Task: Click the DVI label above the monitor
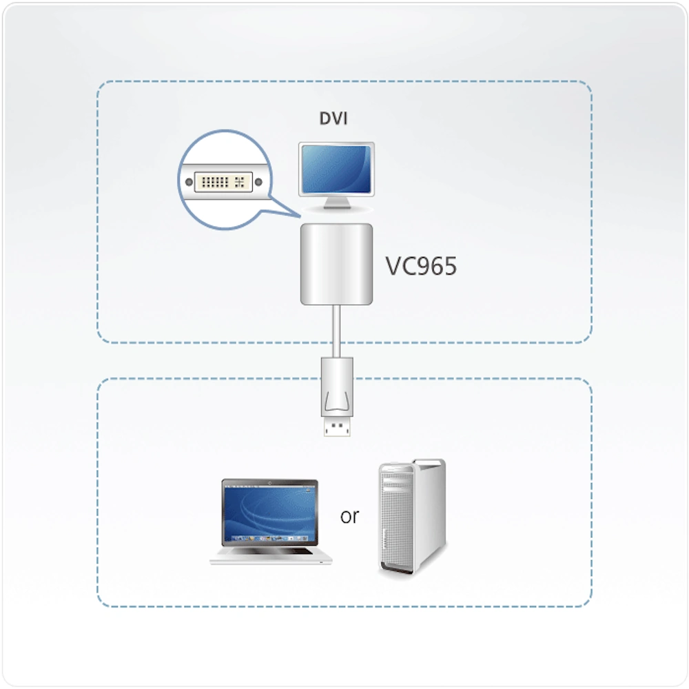pos(333,119)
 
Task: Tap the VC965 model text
pos(421,266)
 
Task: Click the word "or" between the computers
pos(349,517)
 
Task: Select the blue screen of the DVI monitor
pos(336,169)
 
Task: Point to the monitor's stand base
pos(337,207)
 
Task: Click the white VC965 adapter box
pos(337,264)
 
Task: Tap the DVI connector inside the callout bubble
pos(223,182)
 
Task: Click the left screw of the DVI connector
pos(189,182)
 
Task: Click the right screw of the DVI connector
pos(258,182)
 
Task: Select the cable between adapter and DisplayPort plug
pos(337,331)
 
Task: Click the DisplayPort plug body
pos(337,387)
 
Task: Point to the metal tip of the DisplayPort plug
pos(337,426)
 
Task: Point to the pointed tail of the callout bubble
pos(300,216)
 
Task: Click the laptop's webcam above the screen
pos(270,483)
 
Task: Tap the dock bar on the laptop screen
pos(270,538)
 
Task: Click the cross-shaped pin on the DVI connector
pos(240,182)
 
